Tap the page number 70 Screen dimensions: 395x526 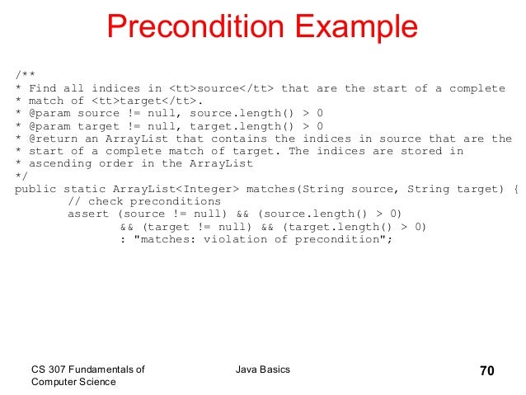(486, 370)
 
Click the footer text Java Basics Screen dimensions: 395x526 (262, 369)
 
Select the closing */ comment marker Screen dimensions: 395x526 (21, 176)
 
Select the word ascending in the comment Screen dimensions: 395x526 (58, 163)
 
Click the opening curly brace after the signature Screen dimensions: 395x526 (516, 189)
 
